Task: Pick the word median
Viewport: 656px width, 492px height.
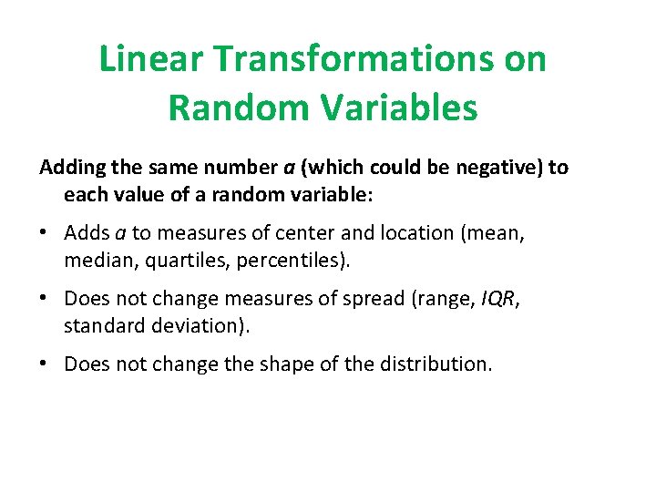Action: coord(97,261)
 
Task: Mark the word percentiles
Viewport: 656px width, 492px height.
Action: coord(292,261)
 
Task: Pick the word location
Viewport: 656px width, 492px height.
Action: coord(418,234)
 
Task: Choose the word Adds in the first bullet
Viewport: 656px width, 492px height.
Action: coord(87,234)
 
